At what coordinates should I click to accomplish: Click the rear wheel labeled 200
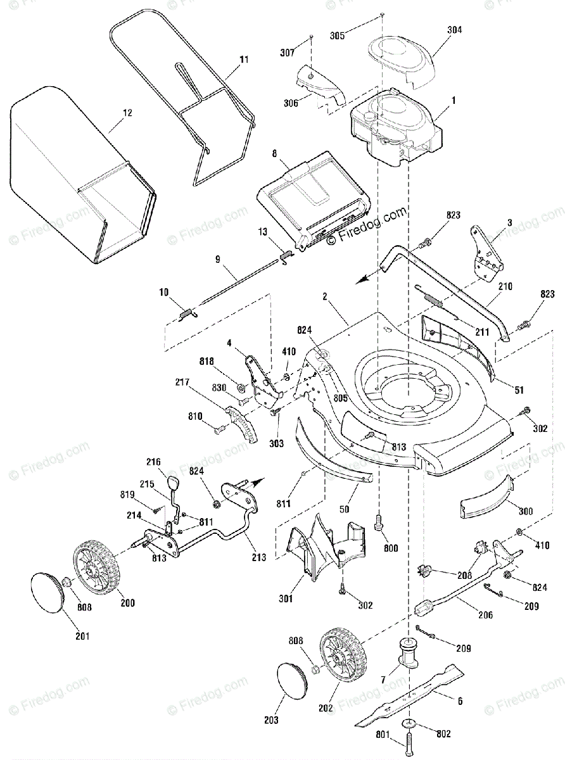98,574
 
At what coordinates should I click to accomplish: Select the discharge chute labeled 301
323,545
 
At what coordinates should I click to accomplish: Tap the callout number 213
258,557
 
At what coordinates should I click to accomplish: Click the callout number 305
338,35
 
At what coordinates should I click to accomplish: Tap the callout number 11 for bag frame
243,59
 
